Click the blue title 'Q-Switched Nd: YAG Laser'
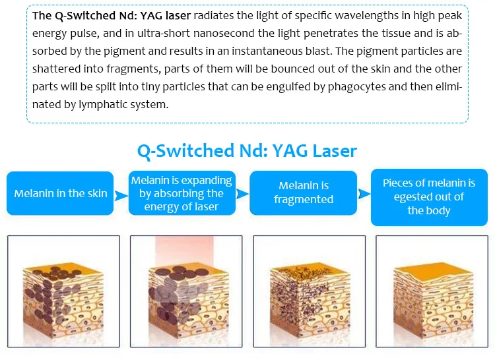pyautogui.click(x=247, y=151)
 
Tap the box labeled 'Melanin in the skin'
pyautogui.click(x=60, y=193)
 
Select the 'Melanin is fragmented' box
pyautogui.click(x=304, y=193)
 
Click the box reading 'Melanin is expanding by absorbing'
pyautogui.click(x=182, y=193)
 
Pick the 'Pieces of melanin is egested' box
pyautogui.click(x=430, y=197)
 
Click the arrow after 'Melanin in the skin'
pyautogui.click(x=121, y=195)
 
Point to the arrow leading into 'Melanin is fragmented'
pyautogui.click(x=242, y=194)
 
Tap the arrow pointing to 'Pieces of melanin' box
pyautogui.click(x=364, y=194)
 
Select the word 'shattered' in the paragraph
pyautogui.click(x=57, y=69)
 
